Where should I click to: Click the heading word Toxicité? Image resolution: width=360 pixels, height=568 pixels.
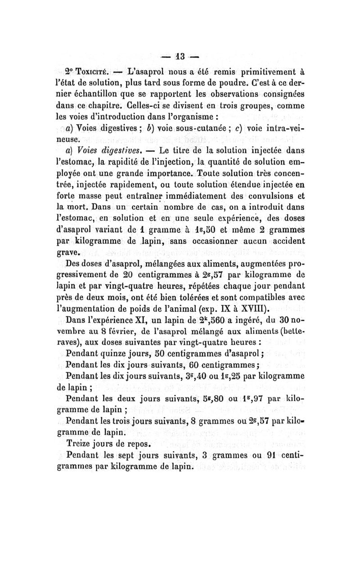point(93,72)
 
